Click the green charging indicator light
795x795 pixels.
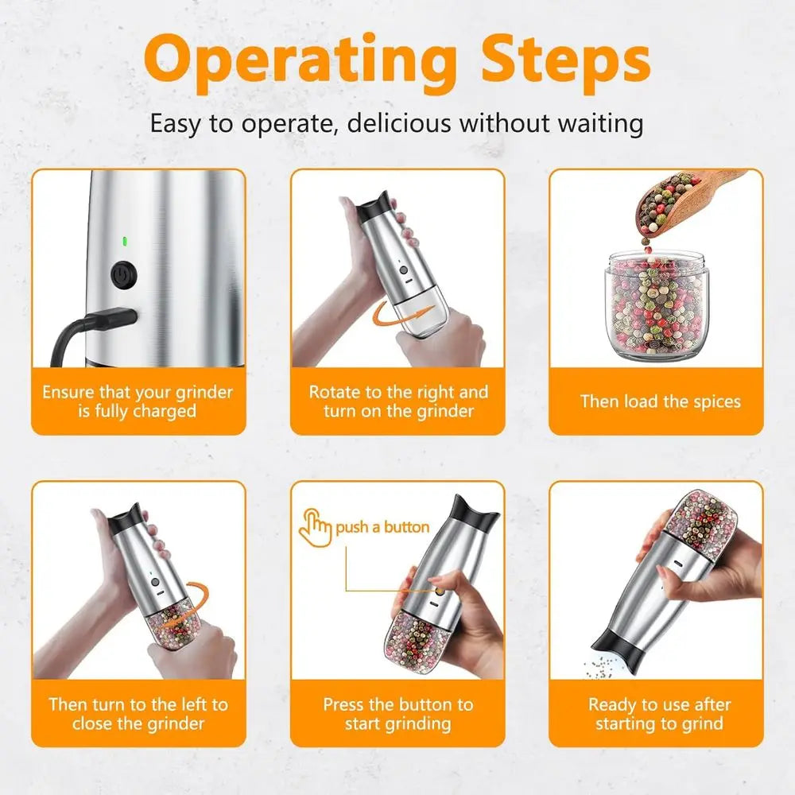123,241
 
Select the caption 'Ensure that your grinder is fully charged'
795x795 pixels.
138,401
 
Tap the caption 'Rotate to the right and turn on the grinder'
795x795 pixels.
397,401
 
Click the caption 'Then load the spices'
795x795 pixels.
660,401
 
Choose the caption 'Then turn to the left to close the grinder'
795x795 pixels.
138,713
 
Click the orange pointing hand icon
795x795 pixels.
314,527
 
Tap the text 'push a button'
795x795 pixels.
382,527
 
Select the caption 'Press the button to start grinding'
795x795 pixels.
397,713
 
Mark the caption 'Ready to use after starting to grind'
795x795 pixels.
659,713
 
